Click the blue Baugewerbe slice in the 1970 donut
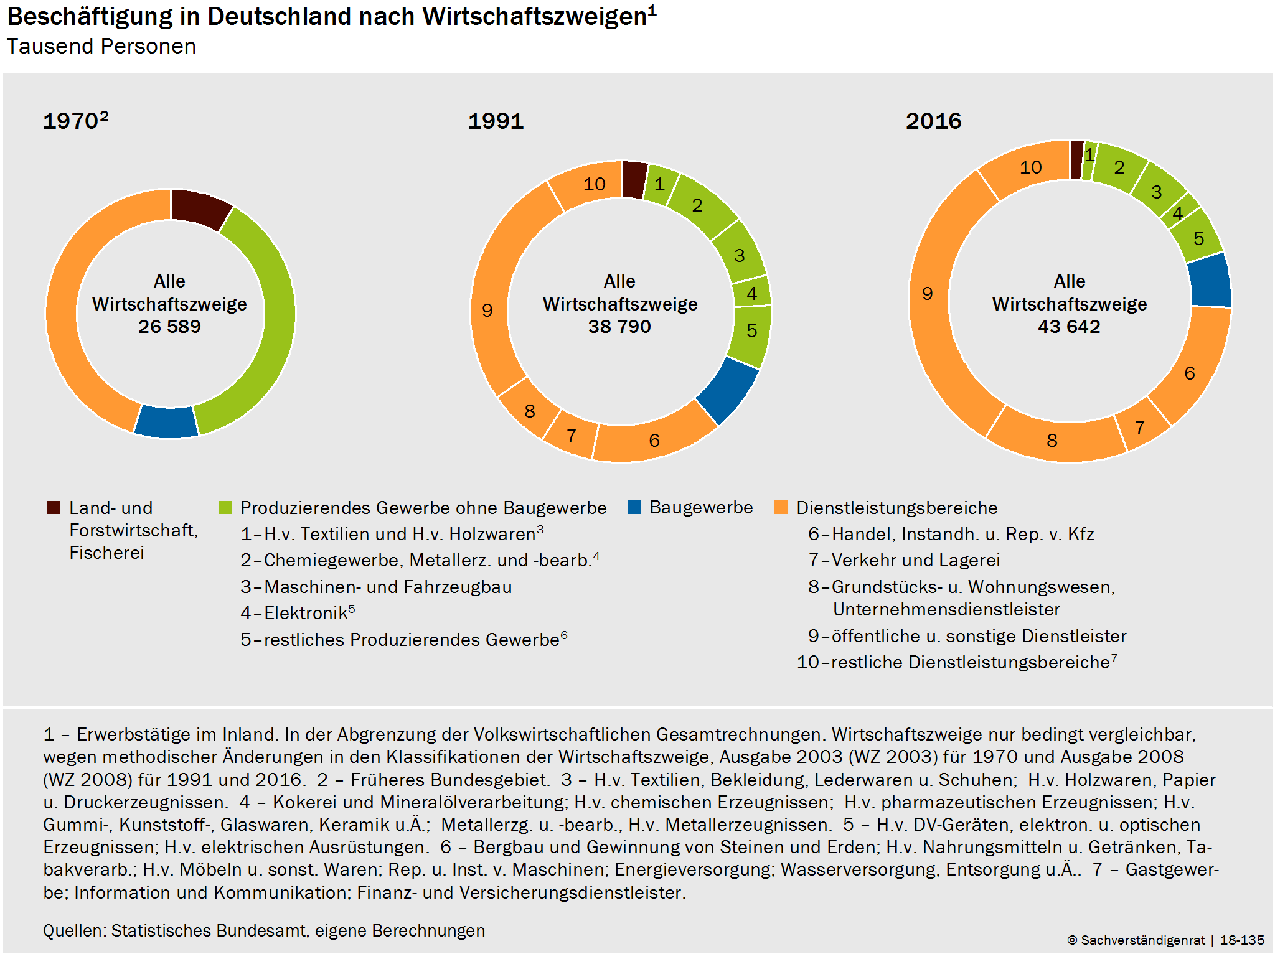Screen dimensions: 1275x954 [x=166, y=422]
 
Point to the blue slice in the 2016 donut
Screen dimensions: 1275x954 [x=1210, y=281]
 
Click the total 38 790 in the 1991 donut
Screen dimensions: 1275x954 [x=619, y=327]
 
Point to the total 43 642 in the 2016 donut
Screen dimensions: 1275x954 [x=1069, y=327]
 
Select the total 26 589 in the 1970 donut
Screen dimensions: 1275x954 [x=169, y=327]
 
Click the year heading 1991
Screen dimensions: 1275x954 [x=496, y=121]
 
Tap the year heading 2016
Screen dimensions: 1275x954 [x=933, y=121]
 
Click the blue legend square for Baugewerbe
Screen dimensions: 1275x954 [x=634, y=507]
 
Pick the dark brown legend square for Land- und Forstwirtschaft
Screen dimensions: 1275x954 [x=54, y=507]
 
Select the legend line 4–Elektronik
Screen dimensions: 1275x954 [x=298, y=613]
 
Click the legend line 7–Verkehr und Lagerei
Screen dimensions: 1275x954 [x=904, y=560]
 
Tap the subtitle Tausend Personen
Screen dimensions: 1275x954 [x=101, y=47]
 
